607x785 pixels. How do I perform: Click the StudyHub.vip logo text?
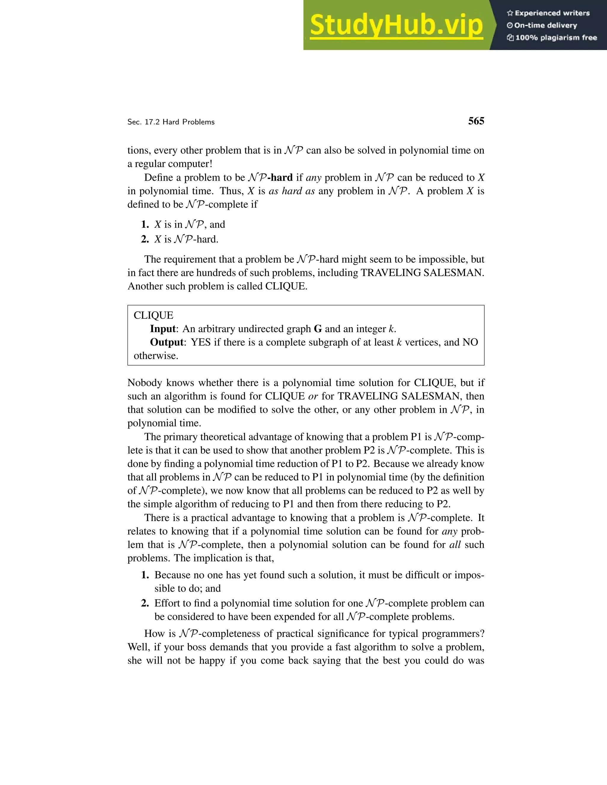(x=396, y=25)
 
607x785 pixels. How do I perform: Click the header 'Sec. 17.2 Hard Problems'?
(x=171, y=122)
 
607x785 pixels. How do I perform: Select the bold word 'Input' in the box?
(x=162, y=329)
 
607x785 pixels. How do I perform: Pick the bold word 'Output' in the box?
(x=167, y=342)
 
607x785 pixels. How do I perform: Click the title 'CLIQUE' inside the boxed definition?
(x=154, y=315)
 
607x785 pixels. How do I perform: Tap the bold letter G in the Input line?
(x=317, y=329)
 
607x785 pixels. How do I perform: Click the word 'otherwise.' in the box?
(x=156, y=356)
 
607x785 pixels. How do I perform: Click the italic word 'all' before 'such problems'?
(x=455, y=544)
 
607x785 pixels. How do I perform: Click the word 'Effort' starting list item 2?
(x=168, y=603)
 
